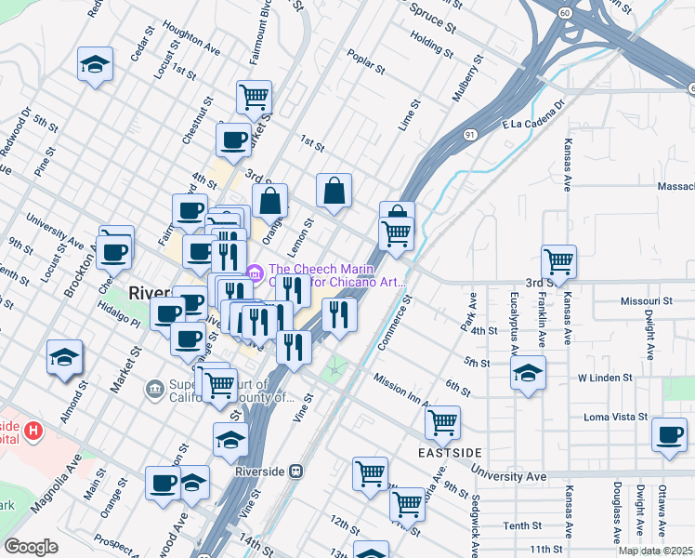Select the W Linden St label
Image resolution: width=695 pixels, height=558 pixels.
[605, 379]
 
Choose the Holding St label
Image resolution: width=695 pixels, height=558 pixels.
[430, 43]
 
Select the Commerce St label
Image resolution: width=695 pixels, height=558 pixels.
[395, 324]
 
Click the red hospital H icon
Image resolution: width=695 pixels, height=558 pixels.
[33, 431]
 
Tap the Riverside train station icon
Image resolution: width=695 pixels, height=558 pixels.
[295, 472]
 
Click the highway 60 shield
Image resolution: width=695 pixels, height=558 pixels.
[565, 13]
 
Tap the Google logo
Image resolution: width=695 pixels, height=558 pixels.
[32, 547]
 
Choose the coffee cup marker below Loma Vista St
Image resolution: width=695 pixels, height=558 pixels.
[669, 435]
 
